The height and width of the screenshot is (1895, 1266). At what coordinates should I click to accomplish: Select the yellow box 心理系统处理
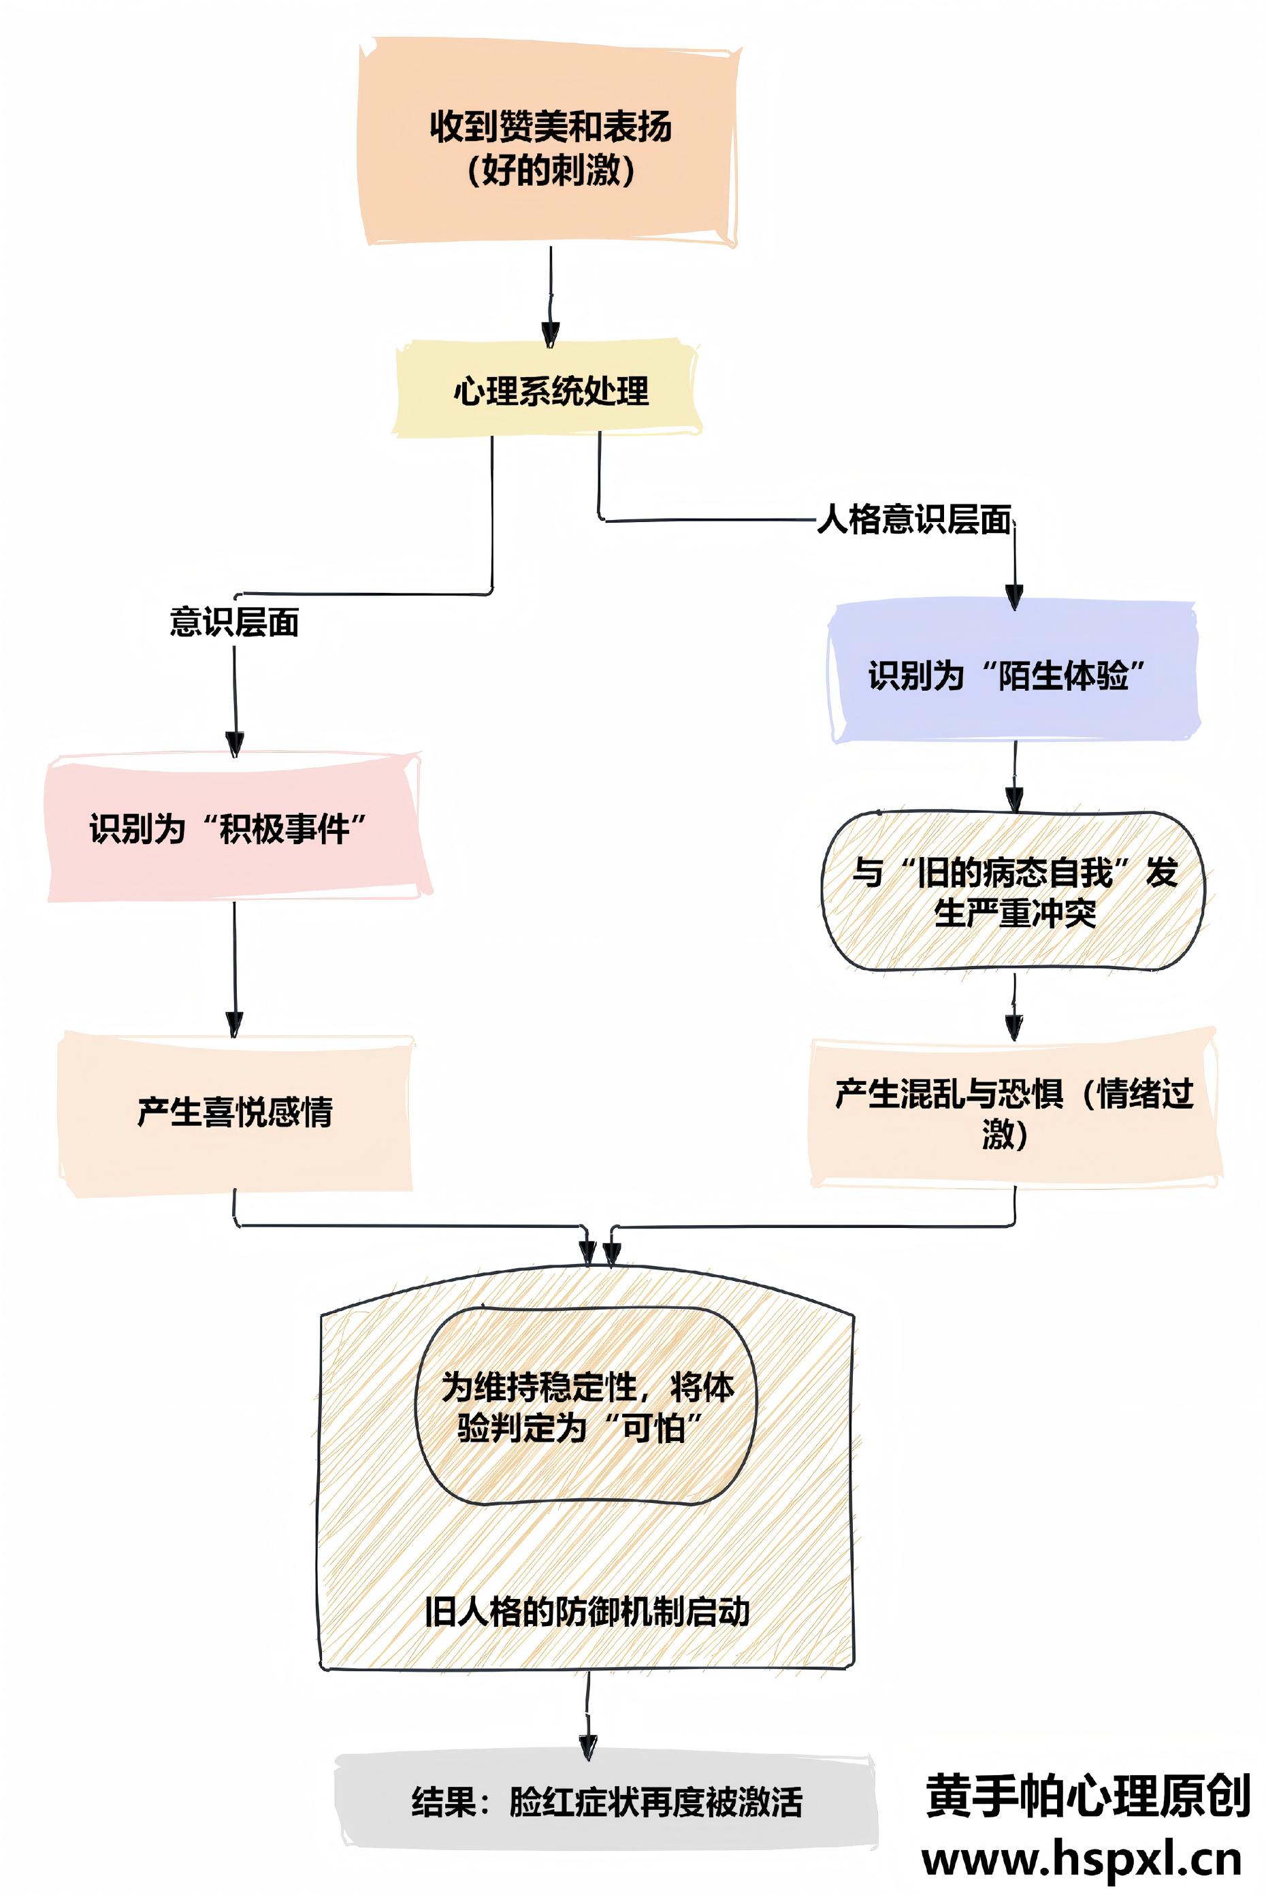tap(549, 391)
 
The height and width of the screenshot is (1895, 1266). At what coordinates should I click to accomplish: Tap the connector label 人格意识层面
tap(914, 519)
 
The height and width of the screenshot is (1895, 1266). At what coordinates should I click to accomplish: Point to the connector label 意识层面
tap(234, 621)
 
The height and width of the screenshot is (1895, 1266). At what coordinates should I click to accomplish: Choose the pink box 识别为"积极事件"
tap(234, 828)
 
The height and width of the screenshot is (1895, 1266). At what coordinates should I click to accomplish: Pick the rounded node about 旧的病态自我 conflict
tap(1013, 892)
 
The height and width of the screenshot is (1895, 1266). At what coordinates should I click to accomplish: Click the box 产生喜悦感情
tap(234, 1112)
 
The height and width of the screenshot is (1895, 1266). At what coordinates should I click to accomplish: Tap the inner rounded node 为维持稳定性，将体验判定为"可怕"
tap(587, 1406)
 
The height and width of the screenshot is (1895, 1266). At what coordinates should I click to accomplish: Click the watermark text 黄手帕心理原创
tap(1087, 1796)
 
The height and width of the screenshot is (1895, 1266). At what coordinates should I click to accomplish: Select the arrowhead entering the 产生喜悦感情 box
tap(235, 1024)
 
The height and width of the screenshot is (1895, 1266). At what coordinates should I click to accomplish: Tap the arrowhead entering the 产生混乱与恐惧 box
tap(1014, 1027)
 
